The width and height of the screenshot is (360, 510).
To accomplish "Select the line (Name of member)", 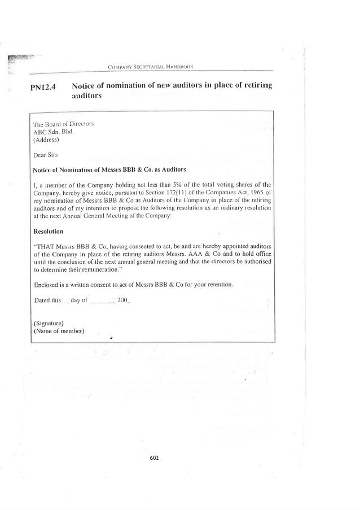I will [59, 331].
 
